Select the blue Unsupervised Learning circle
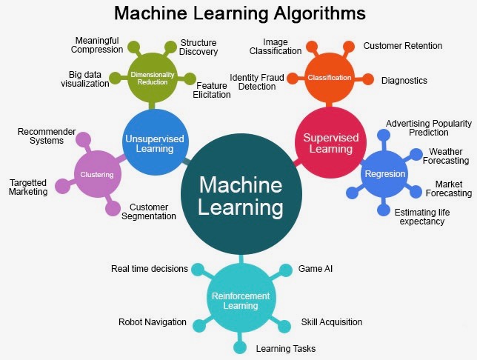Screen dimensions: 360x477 (x=155, y=141)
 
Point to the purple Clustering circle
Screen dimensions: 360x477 (x=96, y=175)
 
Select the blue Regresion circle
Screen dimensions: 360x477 (x=384, y=174)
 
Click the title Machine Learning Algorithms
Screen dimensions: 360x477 (x=239, y=13)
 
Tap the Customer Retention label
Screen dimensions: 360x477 (x=402, y=46)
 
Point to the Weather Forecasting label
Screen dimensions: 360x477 (x=445, y=156)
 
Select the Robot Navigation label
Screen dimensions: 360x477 (x=153, y=322)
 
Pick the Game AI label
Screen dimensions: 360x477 (x=315, y=268)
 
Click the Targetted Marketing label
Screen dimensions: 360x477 (x=28, y=187)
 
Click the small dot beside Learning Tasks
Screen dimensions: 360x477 (x=240, y=347)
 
